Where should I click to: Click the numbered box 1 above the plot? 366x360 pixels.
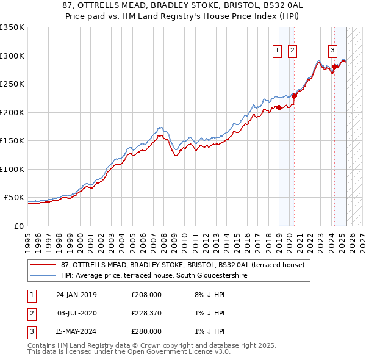point(278,51)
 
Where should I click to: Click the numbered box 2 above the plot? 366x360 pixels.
point(293,51)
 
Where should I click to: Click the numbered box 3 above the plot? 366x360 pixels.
point(333,51)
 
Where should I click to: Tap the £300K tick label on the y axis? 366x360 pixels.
point(12,56)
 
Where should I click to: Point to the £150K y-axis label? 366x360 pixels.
point(12,140)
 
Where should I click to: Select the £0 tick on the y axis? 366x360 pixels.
point(20,226)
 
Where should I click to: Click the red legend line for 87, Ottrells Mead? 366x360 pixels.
point(43,265)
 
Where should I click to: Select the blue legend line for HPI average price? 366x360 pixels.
point(43,275)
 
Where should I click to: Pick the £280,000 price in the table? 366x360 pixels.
point(146,331)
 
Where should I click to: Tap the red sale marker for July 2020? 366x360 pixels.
point(294,96)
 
